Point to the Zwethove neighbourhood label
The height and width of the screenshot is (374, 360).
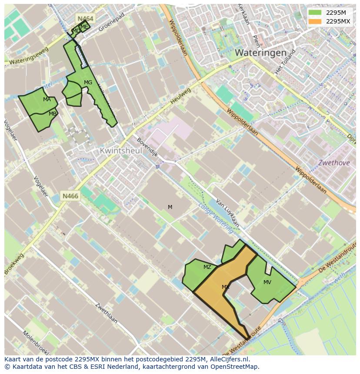click(x=333, y=163)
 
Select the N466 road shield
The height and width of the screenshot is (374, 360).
click(x=70, y=196)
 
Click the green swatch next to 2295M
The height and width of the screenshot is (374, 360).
click(x=315, y=12)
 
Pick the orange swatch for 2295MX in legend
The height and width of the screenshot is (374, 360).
click(x=315, y=21)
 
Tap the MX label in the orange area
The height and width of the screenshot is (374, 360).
click(x=225, y=287)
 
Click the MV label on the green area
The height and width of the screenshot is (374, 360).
click(x=267, y=282)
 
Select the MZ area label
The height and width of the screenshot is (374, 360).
click(x=207, y=267)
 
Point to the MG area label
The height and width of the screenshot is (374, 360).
click(x=88, y=83)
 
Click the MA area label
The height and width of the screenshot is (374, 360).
click(x=47, y=99)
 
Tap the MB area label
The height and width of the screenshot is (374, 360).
click(x=52, y=114)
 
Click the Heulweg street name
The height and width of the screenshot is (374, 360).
click(x=180, y=96)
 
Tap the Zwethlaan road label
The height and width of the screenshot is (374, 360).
click(x=106, y=312)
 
